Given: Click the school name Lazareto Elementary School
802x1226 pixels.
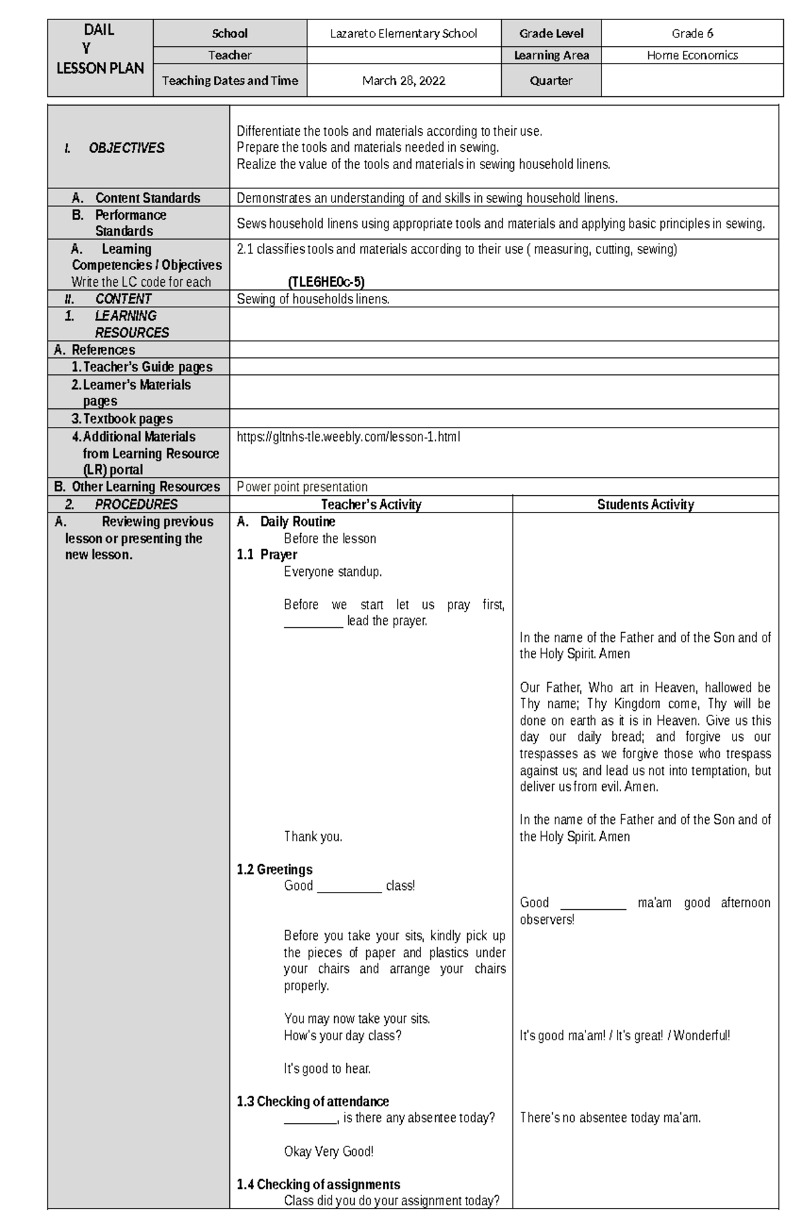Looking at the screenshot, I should coord(404,33).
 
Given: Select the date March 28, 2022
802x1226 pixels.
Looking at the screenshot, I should coord(404,81).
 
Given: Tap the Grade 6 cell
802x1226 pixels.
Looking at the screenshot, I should coord(692,33).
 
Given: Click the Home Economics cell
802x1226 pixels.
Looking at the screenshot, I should coord(692,55).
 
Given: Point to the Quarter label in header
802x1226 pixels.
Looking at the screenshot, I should coord(551,81).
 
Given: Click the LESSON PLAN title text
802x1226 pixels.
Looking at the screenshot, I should coord(100,68).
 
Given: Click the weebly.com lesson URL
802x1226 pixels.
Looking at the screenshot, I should coord(348,437).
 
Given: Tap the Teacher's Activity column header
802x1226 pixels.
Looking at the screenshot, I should coord(371,505).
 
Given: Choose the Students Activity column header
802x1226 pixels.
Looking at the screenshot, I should coord(645,505).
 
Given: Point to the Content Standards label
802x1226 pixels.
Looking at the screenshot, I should coord(147,198).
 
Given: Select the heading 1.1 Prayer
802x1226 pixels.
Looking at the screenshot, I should coord(267,555).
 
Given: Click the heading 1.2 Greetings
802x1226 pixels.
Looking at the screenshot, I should coord(274,870).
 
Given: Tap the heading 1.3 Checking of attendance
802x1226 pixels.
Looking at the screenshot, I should coord(312,1102).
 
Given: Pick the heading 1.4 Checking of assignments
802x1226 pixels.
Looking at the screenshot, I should coord(318,1185).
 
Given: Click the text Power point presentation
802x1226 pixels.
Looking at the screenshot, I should coord(302,487).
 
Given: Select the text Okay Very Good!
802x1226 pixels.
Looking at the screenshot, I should coord(328,1151).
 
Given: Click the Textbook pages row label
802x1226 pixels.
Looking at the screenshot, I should coord(127,419).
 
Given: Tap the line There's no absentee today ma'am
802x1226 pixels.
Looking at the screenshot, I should coord(610,1118).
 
